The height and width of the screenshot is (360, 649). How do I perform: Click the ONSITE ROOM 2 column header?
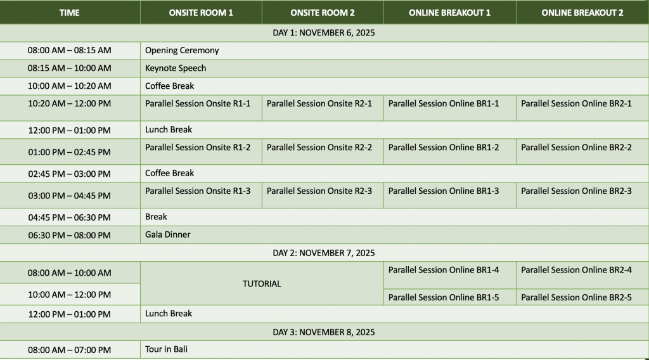tap(323, 13)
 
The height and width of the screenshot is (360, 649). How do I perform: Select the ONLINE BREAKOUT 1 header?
tap(449, 13)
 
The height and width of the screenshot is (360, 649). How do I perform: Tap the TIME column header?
tap(70, 13)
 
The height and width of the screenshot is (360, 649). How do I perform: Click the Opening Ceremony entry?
tap(182, 50)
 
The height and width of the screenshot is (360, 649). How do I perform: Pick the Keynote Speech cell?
tap(176, 68)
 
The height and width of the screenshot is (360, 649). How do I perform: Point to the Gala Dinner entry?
tap(168, 235)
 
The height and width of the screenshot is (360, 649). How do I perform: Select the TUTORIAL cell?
tap(262, 284)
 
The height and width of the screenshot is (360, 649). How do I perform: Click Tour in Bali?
tap(167, 349)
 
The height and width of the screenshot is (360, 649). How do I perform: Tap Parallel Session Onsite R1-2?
tap(198, 147)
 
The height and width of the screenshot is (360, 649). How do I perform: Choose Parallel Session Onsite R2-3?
tap(319, 191)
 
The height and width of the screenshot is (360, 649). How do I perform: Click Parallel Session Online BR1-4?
tap(444, 270)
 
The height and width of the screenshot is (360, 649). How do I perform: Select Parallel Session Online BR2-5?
tap(576, 297)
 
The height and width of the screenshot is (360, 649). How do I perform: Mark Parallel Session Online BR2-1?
tap(576, 103)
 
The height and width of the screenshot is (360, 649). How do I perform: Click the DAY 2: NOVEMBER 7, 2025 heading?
tap(324, 253)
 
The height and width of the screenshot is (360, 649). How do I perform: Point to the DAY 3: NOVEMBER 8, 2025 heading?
tap(324, 332)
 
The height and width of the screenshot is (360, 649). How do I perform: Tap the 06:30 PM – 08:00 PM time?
tap(69, 235)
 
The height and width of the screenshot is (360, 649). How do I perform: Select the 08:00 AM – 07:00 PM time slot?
tap(69, 350)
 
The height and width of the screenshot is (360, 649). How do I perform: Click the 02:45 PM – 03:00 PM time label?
tap(69, 174)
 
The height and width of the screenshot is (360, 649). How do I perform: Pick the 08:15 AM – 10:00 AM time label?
tap(69, 68)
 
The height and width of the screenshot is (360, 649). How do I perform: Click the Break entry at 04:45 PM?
tap(156, 217)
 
